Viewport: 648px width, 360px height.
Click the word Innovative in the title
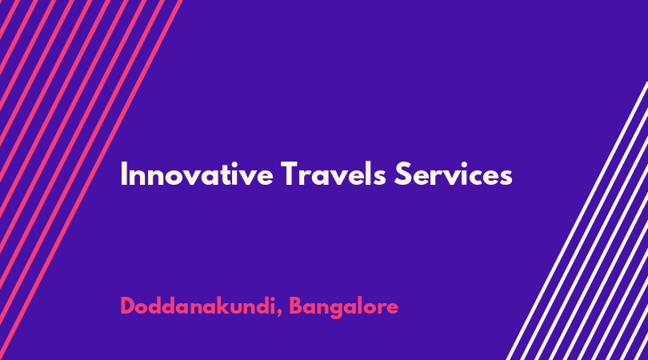(x=197, y=174)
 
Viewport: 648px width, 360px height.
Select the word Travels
(x=333, y=174)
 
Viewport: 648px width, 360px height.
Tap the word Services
(x=454, y=174)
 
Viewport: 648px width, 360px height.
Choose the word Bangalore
(x=343, y=307)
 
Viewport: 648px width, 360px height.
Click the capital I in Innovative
(x=123, y=174)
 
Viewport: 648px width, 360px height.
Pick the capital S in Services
(x=402, y=174)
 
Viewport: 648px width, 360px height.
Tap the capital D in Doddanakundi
(x=128, y=306)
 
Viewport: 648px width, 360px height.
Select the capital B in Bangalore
(x=295, y=306)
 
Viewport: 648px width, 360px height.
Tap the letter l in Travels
(x=366, y=174)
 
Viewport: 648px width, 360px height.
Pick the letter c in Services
(x=475, y=178)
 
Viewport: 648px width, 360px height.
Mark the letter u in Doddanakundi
(x=238, y=309)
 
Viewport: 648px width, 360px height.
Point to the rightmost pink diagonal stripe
(x=91, y=180)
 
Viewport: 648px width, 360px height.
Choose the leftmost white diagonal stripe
(x=578, y=221)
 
